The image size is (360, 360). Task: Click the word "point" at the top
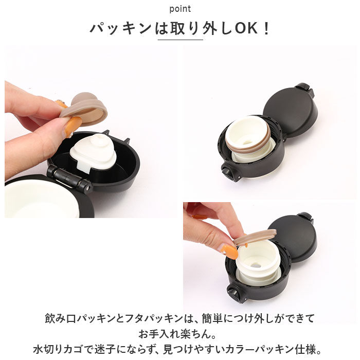click(180, 9)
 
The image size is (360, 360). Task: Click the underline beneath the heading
click(180, 40)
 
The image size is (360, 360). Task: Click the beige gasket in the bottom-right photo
click(255, 237)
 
